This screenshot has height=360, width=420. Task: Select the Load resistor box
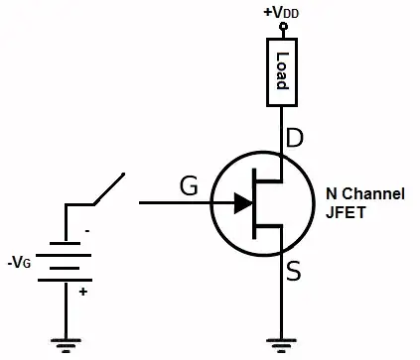pyautogui.click(x=281, y=70)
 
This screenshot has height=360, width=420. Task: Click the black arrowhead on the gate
pyautogui.click(x=241, y=203)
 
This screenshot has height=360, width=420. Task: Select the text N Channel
pyautogui.click(x=365, y=194)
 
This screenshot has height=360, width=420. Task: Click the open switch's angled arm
pyautogui.click(x=108, y=189)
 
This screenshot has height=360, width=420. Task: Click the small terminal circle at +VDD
pyautogui.click(x=281, y=28)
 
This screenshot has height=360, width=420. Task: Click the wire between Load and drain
pyautogui.click(x=281, y=134)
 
